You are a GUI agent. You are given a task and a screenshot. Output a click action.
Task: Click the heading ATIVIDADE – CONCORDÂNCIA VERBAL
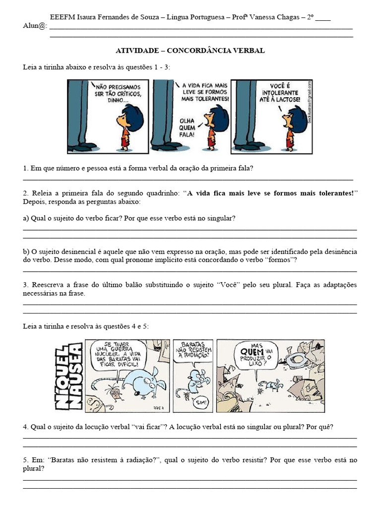point(190,51)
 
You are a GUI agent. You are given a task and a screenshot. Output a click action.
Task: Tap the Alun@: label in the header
point(35,26)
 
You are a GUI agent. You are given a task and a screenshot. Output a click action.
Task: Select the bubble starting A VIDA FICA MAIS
point(205,92)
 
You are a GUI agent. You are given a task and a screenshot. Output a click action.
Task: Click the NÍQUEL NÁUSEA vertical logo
point(68,376)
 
